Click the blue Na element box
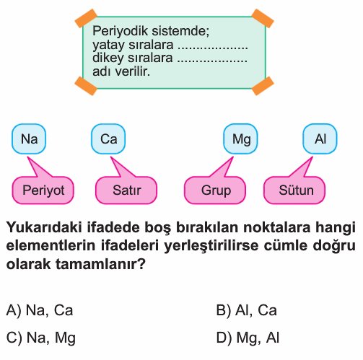pos(29,139)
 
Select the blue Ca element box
pos(108,139)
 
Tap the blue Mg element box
pos(240,139)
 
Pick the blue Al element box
pos(320,139)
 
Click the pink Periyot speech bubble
pos(43,190)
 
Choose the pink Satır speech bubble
pos(126,190)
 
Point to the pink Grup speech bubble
pos(215,190)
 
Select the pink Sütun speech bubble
pos(294,190)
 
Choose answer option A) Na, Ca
pos(40,310)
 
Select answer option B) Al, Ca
pos(246,310)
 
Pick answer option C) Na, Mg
pos(41,338)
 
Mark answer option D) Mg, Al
pos(248,338)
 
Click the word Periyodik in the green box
pos(120,31)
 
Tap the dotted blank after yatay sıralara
pos(213,47)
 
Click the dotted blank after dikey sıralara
pos(212,60)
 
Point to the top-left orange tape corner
pos(86,18)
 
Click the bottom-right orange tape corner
pos(263,86)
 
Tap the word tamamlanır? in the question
pos(100,264)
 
